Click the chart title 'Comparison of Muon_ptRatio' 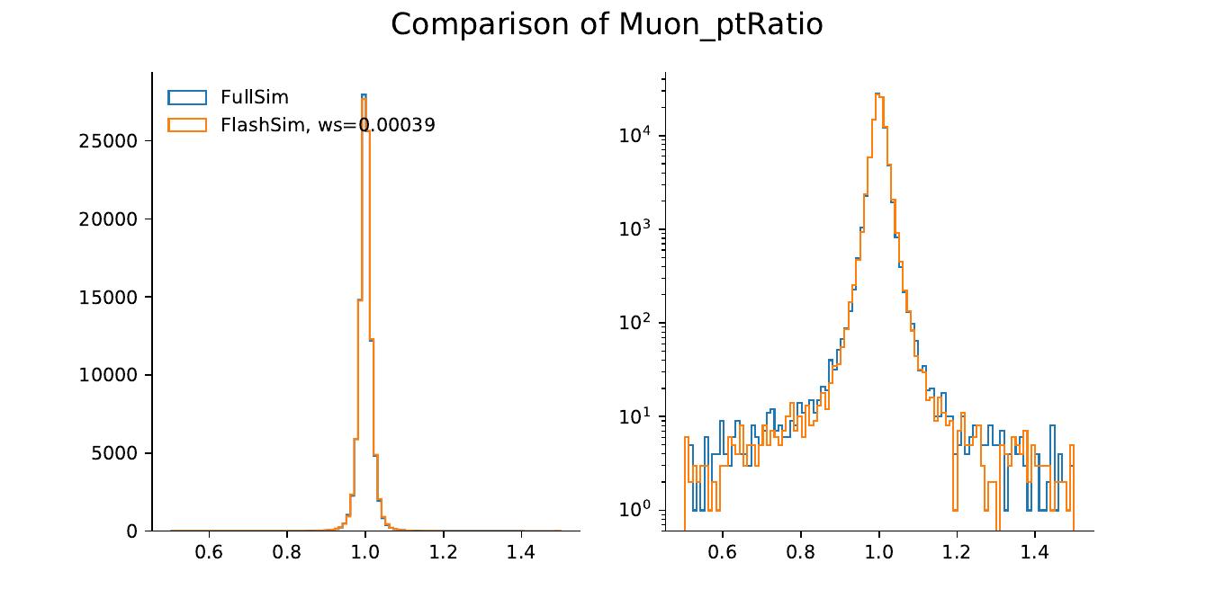[x=607, y=24]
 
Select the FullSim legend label [x=254, y=97]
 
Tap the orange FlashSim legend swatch [x=187, y=125]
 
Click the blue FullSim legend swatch [x=187, y=97]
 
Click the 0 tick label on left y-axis [x=132, y=531]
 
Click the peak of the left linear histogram [x=364, y=95]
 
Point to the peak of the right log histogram [x=877, y=94]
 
